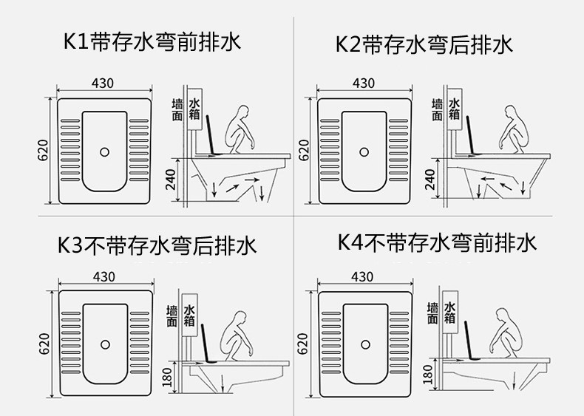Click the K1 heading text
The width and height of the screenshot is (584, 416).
click(152, 41)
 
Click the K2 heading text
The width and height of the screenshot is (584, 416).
click(424, 44)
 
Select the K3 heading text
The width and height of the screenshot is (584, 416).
click(157, 245)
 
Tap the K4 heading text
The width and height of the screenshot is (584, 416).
click(437, 242)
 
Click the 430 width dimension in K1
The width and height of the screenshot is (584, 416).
click(103, 83)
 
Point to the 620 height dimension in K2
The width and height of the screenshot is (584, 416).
click(304, 150)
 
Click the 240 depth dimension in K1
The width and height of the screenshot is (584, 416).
click(170, 180)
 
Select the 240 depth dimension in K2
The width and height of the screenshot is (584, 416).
click(429, 179)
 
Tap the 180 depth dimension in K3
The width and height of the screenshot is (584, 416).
click(167, 377)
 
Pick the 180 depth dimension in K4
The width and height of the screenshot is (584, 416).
click(427, 375)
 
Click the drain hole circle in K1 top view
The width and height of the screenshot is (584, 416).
click(104, 152)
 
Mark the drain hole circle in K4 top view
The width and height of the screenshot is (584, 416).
click(365, 345)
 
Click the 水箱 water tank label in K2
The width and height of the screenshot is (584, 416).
click(454, 109)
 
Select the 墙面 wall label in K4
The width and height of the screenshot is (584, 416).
click(432, 313)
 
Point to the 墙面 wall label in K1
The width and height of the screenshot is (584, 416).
click(177, 110)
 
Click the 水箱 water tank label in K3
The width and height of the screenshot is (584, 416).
click(189, 316)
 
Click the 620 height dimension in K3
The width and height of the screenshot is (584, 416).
click(44, 344)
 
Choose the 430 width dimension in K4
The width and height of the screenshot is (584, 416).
click(362, 276)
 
